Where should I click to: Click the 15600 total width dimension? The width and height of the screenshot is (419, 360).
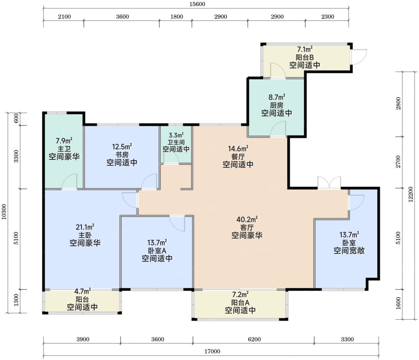point(197,4)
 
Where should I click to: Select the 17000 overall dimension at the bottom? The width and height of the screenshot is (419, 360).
point(212,352)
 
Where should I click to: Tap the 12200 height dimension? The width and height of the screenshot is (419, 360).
point(411,194)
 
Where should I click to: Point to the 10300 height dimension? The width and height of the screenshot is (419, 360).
point(4,212)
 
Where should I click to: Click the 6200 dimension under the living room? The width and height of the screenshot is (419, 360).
point(254,340)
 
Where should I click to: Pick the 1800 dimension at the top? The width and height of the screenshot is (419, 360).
point(177,17)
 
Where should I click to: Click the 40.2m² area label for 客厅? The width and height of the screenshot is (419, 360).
point(247,219)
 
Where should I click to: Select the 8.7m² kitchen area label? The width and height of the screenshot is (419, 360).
point(277,97)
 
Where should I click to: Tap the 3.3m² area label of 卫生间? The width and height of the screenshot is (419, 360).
point(176,135)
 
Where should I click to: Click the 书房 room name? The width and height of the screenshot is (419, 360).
point(122,155)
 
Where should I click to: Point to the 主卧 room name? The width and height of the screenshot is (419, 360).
point(85,235)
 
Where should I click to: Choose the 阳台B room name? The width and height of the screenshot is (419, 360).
point(305,57)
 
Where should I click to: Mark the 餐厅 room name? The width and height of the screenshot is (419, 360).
point(238,157)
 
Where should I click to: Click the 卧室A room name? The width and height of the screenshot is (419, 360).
point(157,250)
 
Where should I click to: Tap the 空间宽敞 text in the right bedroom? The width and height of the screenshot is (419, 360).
point(349,250)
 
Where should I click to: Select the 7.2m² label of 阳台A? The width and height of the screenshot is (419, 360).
point(240,294)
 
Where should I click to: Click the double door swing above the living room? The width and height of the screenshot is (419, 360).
point(329,183)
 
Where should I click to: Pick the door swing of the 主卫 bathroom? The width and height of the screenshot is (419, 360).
point(70,182)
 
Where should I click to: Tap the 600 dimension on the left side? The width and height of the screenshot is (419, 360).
point(16,118)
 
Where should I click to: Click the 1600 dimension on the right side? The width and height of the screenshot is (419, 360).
point(399,303)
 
